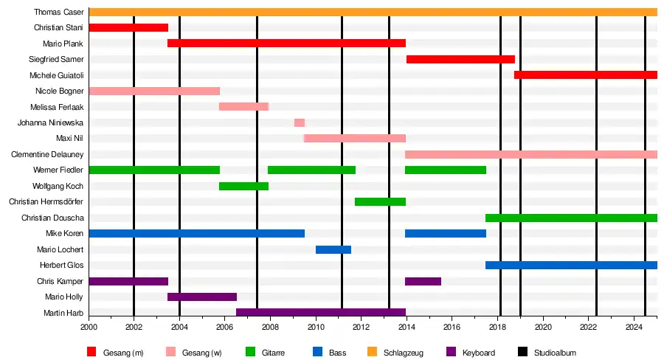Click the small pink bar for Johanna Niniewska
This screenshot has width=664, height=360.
[x=300, y=122]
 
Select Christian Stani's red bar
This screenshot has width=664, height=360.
[x=128, y=27]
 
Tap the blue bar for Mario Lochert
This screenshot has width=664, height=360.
[x=333, y=249]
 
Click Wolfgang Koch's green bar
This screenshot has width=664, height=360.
[x=244, y=186]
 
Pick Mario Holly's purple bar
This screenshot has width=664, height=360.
[x=202, y=297]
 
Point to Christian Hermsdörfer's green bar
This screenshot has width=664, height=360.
[x=380, y=201]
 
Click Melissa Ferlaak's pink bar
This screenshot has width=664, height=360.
[x=244, y=107]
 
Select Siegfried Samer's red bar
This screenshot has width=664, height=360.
[x=460, y=59]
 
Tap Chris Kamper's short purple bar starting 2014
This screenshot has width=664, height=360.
[x=423, y=281]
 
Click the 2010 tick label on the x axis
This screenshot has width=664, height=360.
[x=316, y=327]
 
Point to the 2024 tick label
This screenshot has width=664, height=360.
[x=634, y=327]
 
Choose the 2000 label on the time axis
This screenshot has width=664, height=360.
[x=89, y=327]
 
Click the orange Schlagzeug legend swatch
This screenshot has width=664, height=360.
[x=373, y=352]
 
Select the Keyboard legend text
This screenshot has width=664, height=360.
[x=479, y=353]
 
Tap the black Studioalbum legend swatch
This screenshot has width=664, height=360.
[x=522, y=352]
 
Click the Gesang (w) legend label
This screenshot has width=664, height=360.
[x=201, y=353]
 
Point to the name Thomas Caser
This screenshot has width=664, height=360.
[x=59, y=12]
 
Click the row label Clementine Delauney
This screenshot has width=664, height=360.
[x=47, y=155]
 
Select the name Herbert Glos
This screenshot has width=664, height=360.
[x=62, y=265]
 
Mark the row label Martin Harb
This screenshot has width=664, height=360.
[x=63, y=313]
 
